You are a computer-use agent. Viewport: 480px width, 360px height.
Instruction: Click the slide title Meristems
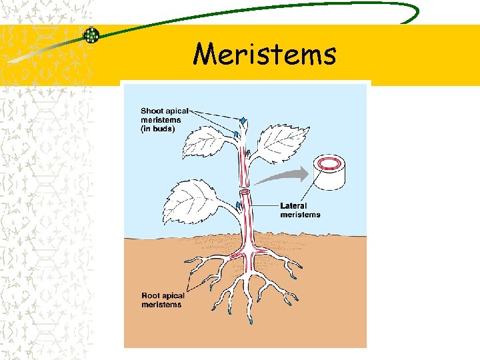[x=265, y=53]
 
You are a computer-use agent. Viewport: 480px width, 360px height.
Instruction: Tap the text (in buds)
[x=158, y=129]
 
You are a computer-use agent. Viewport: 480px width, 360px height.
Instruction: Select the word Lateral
[x=294, y=206]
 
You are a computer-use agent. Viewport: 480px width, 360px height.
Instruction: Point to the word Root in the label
[x=151, y=296]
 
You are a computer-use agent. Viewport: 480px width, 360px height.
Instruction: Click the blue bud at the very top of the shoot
[x=243, y=121]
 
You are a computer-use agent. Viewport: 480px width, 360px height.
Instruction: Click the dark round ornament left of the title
[x=91, y=35]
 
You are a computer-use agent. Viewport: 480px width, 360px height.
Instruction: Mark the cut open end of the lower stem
[x=244, y=192]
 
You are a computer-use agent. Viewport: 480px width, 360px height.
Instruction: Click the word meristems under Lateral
[x=300, y=215]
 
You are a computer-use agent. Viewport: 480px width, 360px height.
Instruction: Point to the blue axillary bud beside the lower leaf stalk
[x=238, y=204]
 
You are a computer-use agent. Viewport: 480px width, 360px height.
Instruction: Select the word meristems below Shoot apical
[x=161, y=120]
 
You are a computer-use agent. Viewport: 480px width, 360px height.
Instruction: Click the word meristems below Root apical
[x=161, y=305]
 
